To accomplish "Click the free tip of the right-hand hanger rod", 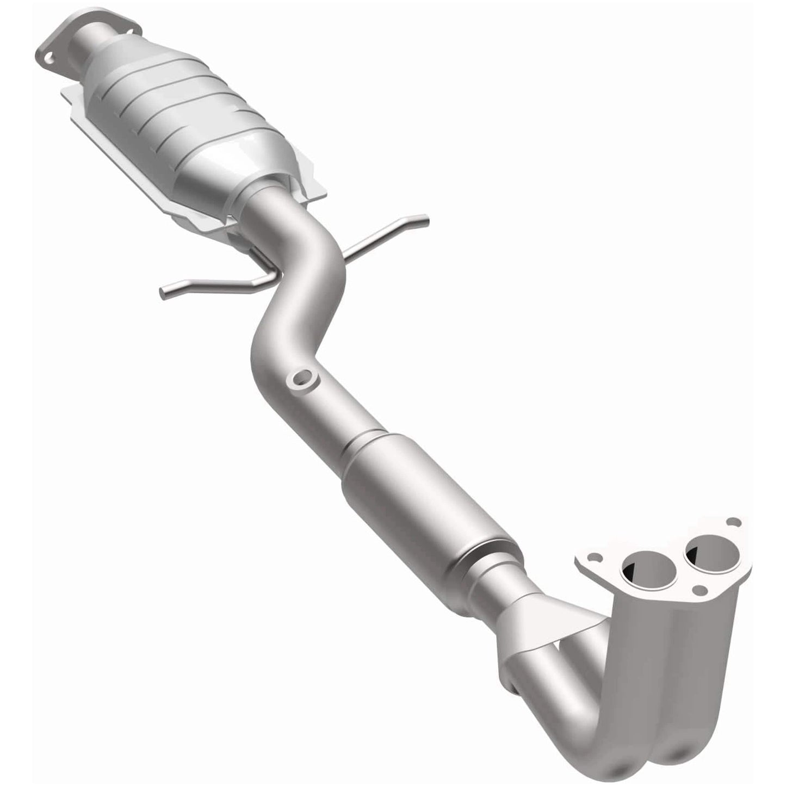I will point(425,220).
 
